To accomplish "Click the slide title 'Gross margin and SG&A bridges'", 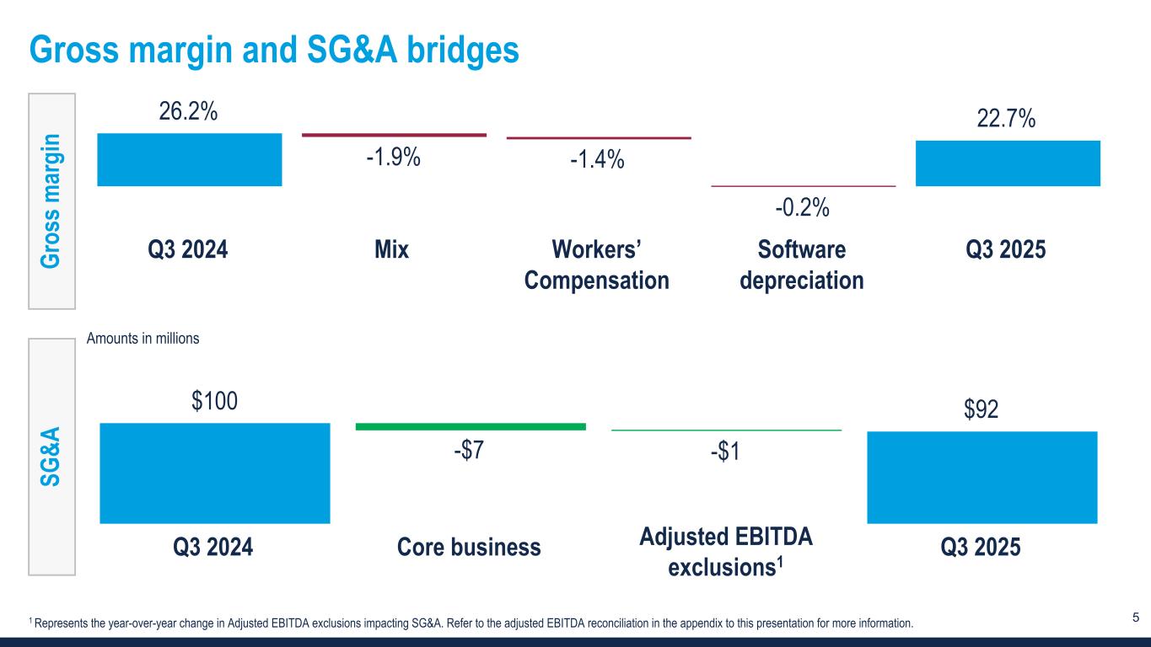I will click(x=275, y=51).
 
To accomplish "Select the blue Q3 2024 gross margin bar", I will click(x=190, y=159).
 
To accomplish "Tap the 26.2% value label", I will click(x=189, y=111).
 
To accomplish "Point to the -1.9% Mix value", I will click(x=393, y=158).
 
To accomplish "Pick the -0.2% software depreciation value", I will click(x=803, y=206).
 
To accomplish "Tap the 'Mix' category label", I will click(x=392, y=250).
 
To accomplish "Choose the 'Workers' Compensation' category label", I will click(x=597, y=265).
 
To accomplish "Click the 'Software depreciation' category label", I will click(x=802, y=265).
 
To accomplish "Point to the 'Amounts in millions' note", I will click(x=143, y=339).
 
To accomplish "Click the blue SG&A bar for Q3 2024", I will click(x=214, y=472).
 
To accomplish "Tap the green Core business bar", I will click(x=471, y=427).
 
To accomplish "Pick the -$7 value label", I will click(x=468, y=451).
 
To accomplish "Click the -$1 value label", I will click(x=725, y=452).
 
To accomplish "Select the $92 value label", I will click(x=982, y=410).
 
